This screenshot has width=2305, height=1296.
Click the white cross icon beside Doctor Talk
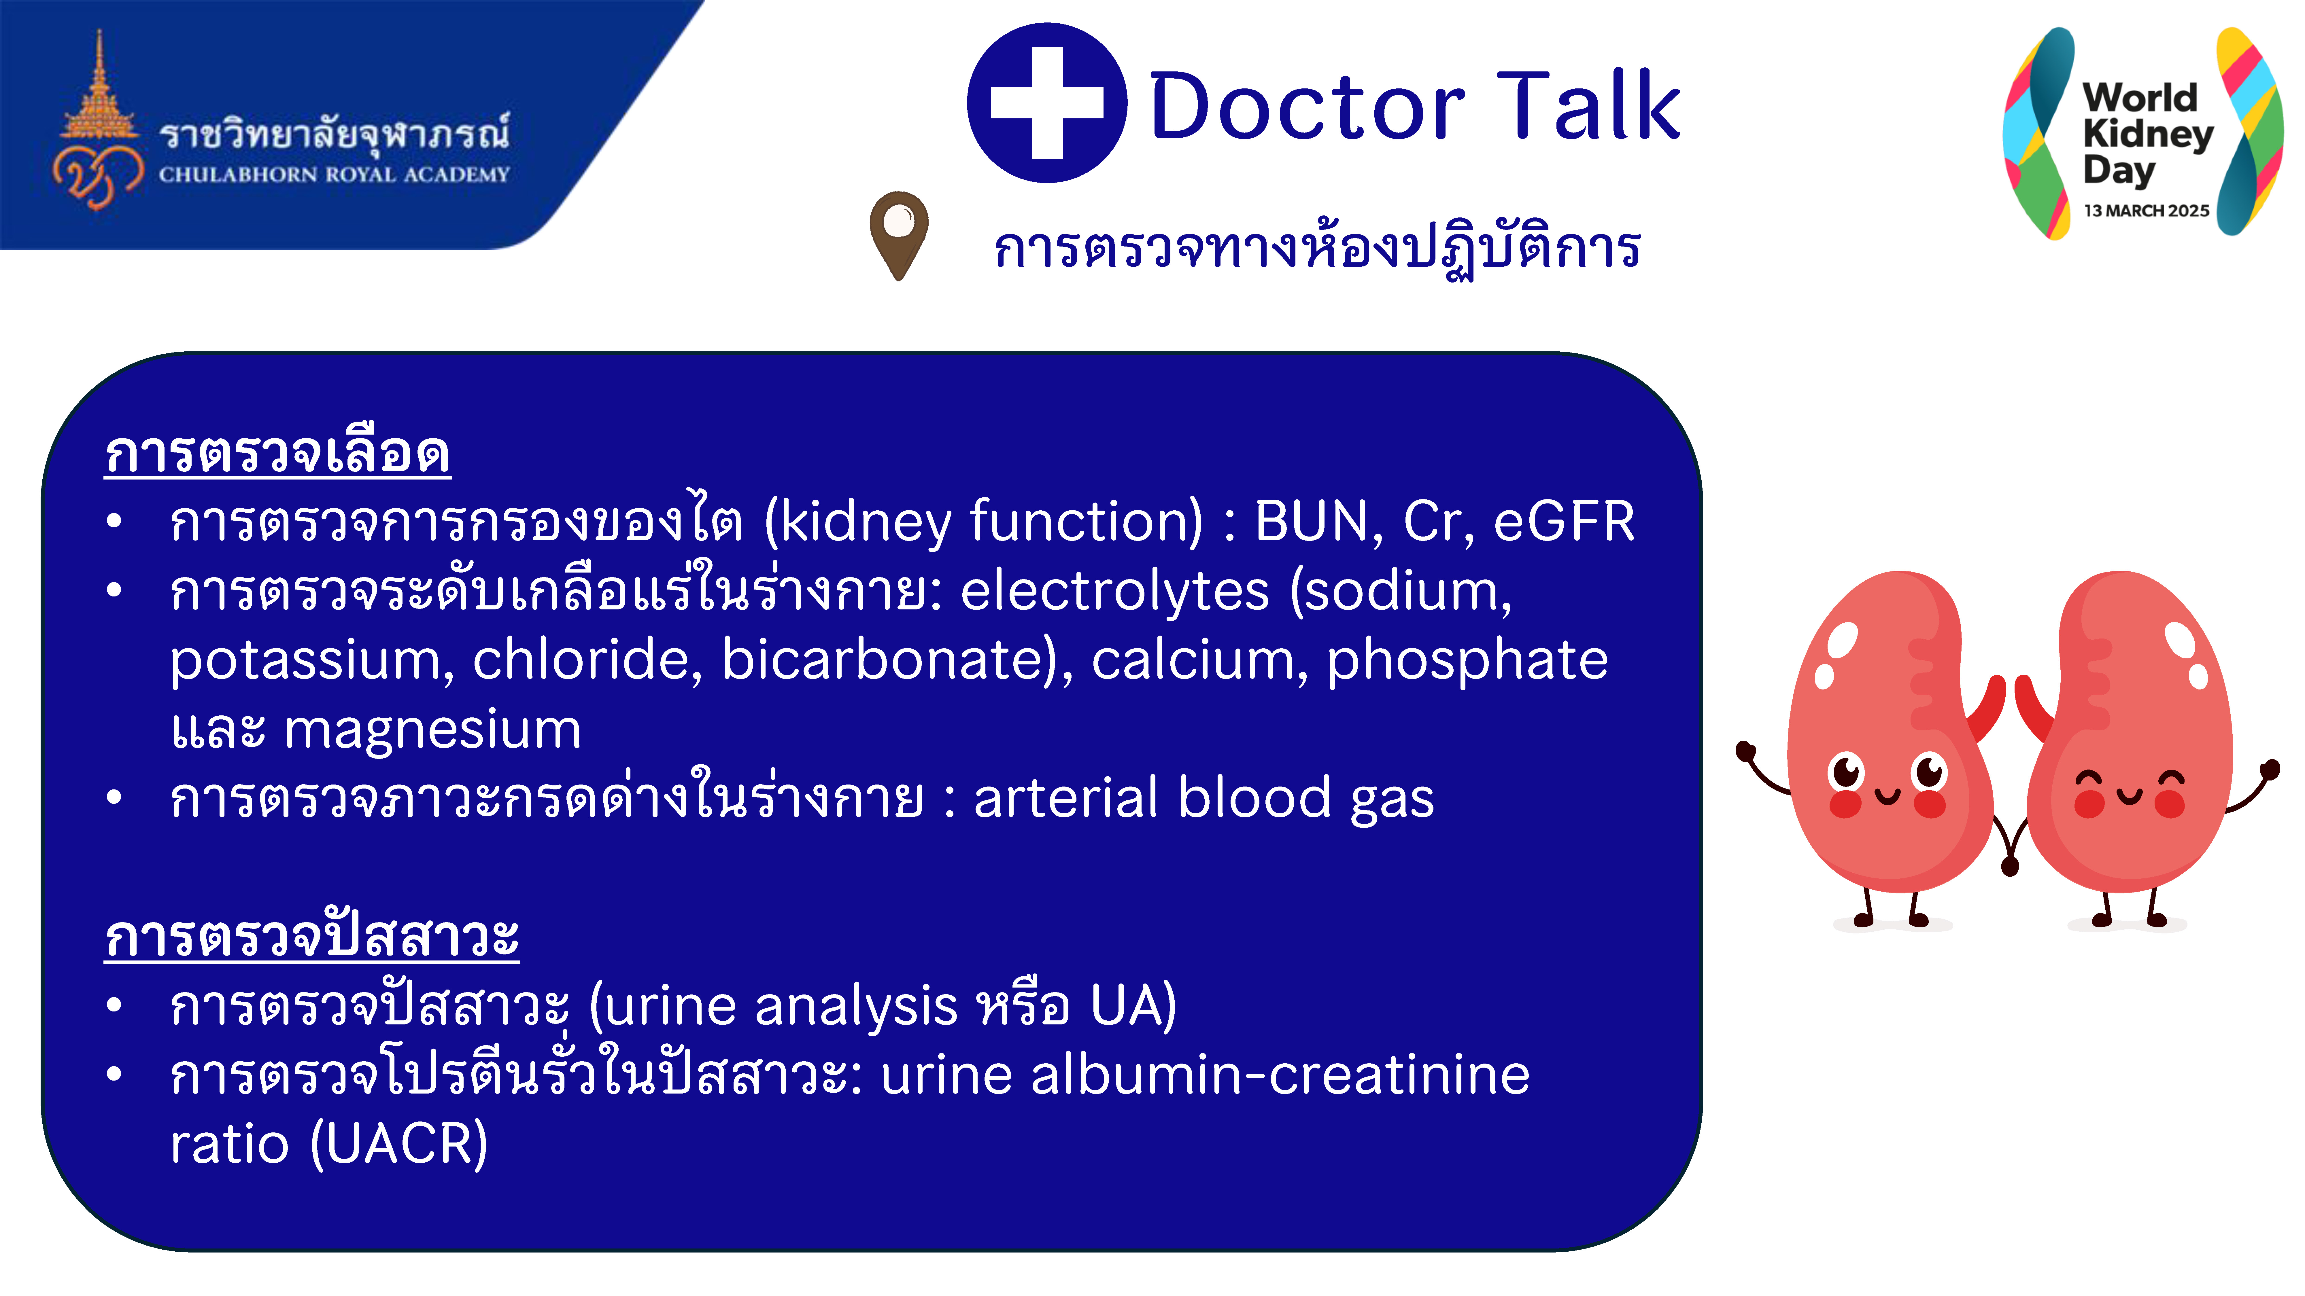tap(1047, 103)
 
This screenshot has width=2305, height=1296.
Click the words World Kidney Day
tap(2147, 134)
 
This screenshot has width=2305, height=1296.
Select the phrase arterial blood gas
tap(1203, 798)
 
